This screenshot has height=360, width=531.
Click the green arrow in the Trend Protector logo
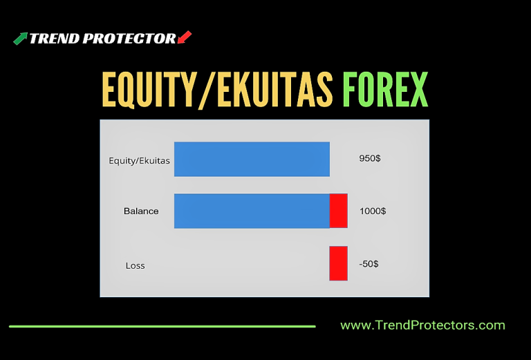click(x=20, y=39)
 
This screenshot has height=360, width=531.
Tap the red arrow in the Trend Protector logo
click(x=185, y=37)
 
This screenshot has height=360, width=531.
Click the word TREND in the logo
click(x=54, y=39)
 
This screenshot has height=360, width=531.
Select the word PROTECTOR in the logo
click(x=129, y=39)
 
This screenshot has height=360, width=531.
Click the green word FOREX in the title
click(x=385, y=90)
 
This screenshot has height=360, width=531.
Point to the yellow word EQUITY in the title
click(x=149, y=90)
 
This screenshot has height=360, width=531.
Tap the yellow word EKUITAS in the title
click(x=273, y=90)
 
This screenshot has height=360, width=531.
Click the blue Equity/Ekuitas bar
click(x=252, y=159)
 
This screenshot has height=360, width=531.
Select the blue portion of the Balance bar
click(x=252, y=211)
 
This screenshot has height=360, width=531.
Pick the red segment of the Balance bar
click(x=339, y=211)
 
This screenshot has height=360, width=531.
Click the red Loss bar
click(x=339, y=263)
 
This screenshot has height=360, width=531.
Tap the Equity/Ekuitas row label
click(x=139, y=161)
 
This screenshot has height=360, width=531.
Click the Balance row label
click(x=141, y=211)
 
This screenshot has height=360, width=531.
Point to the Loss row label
click(x=135, y=265)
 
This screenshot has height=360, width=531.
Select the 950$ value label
click(x=370, y=158)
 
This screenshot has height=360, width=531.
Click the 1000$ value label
click(x=373, y=211)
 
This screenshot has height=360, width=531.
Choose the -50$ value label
click(x=369, y=263)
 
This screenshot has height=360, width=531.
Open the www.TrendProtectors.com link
click(x=422, y=325)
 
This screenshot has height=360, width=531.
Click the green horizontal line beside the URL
click(x=162, y=327)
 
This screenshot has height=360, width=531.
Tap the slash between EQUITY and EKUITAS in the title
click(x=207, y=91)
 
